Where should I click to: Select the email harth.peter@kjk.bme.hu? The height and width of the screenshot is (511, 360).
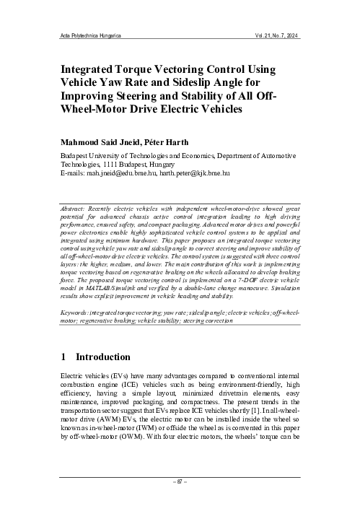(195, 174)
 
